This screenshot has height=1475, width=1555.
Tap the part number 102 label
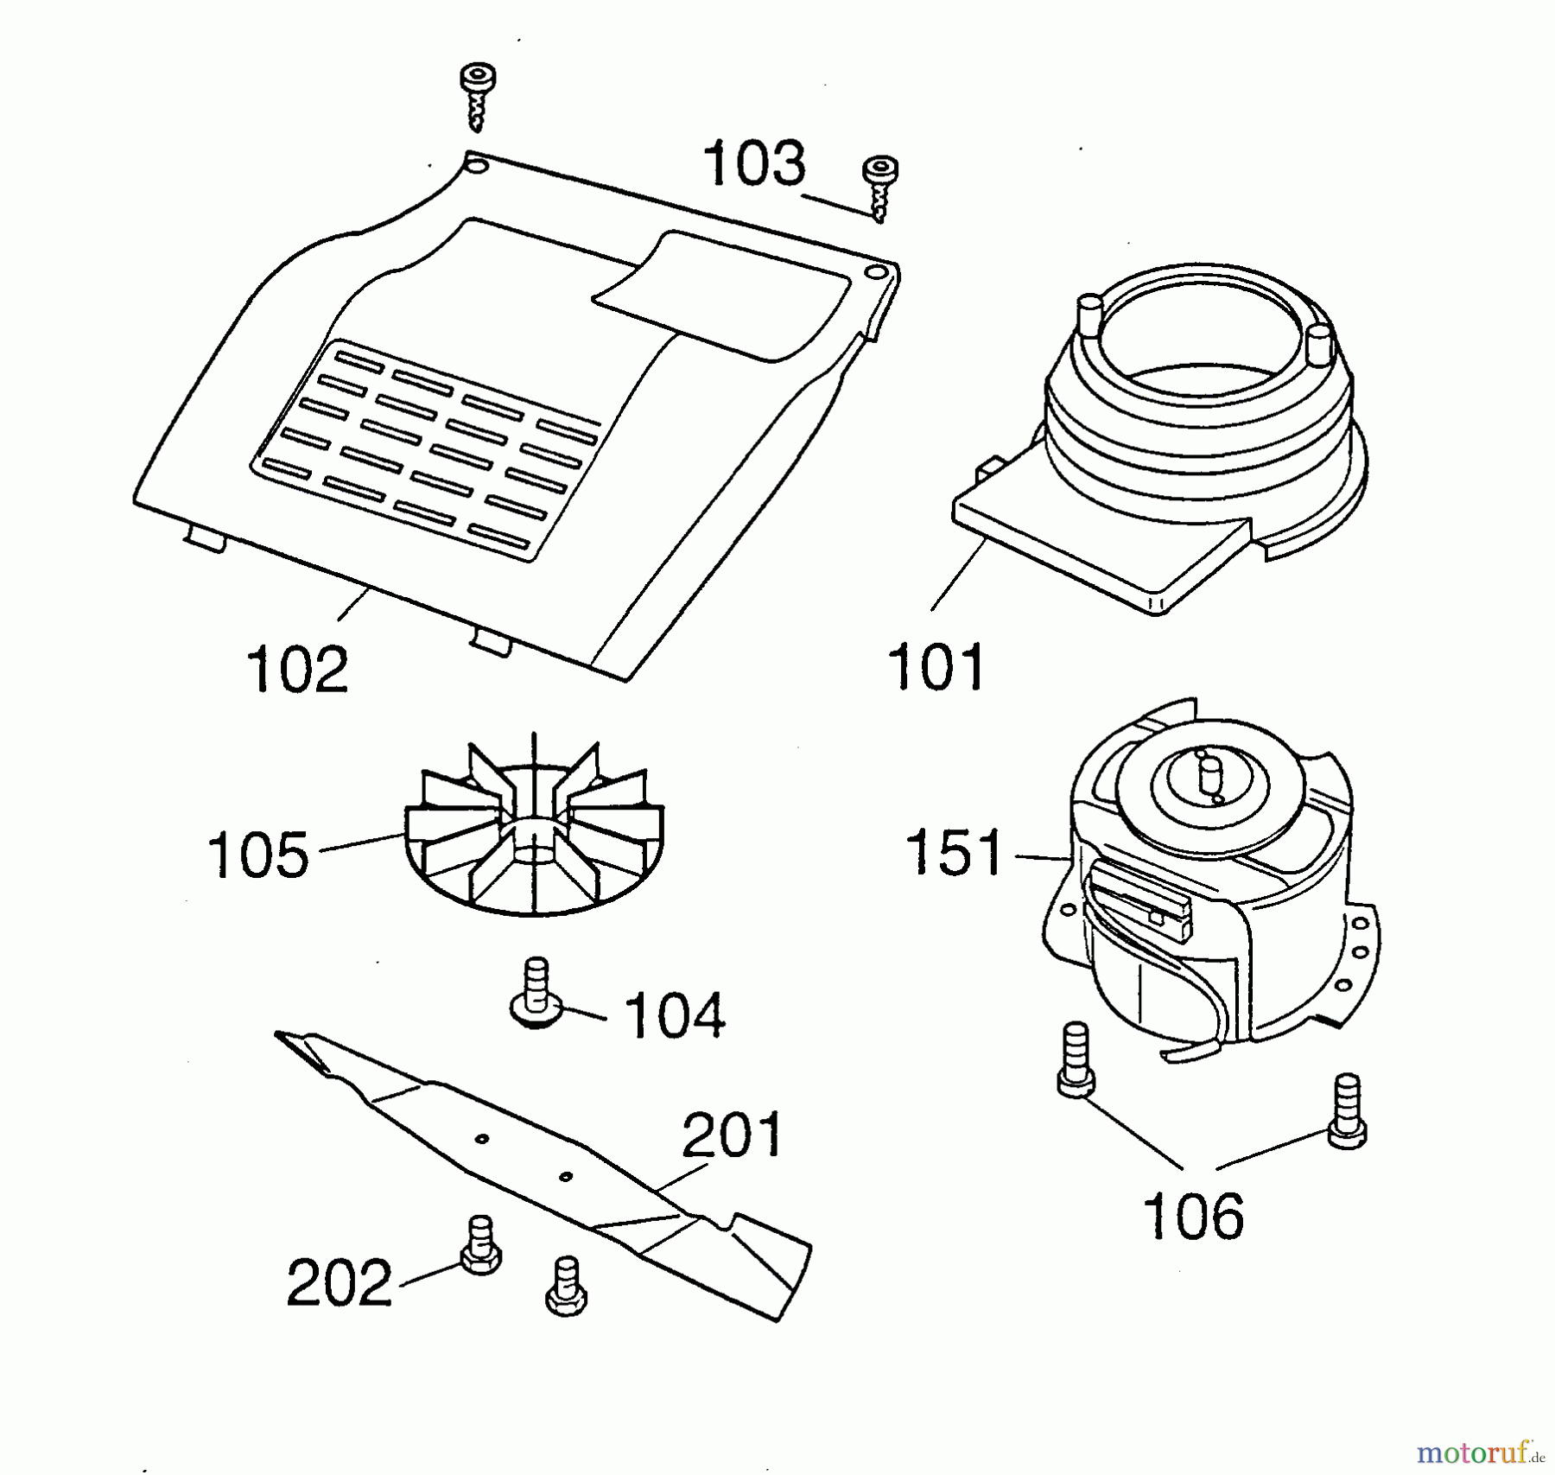coord(297,669)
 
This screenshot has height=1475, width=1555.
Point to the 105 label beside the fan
coord(258,855)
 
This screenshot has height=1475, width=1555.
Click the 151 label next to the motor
coord(955,852)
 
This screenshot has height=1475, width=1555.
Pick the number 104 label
coord(675,1015)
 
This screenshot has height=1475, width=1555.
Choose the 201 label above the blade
coord(733,1135)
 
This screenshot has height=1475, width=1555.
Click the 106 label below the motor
coord(1193,1215)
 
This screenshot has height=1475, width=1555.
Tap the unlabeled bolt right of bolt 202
coord(567,1287)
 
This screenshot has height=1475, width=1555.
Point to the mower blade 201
coord(543,1175)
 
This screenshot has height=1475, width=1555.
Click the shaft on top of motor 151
coord(1209,777)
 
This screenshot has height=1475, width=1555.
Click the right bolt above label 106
coord(1346,1111)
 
